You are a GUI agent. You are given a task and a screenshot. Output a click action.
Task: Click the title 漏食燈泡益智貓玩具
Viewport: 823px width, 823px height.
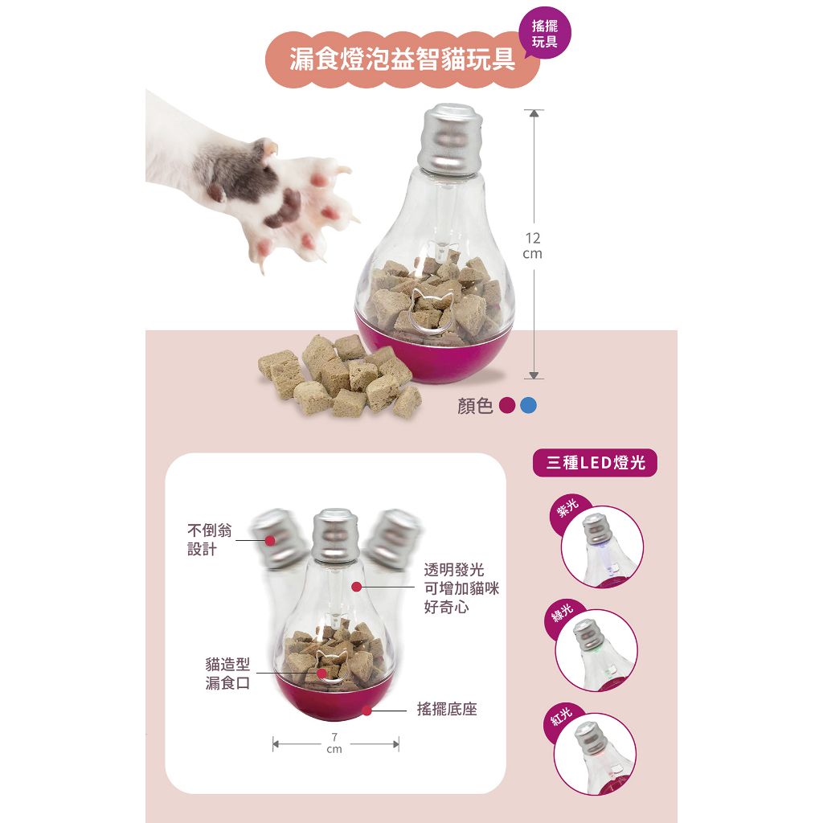(x=403, y=58)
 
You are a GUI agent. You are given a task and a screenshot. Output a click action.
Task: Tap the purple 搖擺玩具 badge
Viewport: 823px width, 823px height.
(x=544, y=33)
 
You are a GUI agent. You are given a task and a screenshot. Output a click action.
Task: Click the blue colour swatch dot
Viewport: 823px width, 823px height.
(x=528, y=405)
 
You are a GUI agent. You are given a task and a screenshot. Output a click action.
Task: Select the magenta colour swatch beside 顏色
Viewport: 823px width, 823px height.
(x=507, y=405)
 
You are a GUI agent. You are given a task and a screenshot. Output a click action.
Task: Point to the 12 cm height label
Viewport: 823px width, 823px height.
(x=533, y=246)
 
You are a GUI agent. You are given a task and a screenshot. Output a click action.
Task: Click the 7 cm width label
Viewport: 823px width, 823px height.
(x=334, y=743)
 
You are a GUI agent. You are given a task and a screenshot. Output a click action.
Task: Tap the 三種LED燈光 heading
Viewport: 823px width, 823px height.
(x=595, y=462)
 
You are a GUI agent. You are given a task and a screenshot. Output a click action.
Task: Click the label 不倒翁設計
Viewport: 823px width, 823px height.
(x=210, y=539)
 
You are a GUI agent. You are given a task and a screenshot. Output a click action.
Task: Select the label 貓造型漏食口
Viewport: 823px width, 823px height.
(x=227, y=674)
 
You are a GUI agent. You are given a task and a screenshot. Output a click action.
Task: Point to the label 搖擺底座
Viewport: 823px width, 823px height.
(x=447, y=709)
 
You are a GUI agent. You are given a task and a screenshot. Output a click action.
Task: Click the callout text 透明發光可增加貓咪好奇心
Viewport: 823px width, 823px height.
(x=461, y=588)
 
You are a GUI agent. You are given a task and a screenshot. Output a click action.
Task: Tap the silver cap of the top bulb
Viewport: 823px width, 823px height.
(x=449, y=138)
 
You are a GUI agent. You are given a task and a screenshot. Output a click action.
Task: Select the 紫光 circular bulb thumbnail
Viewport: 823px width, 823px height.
(x=602, y=547)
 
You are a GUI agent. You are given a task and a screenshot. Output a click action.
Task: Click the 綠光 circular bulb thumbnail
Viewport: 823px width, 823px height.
(x=597, y=650)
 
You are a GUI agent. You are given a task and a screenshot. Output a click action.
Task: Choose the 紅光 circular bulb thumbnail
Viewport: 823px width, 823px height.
(x=596, y=754)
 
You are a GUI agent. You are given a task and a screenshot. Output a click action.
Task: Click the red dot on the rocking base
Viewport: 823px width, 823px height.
(x=366, y=711)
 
